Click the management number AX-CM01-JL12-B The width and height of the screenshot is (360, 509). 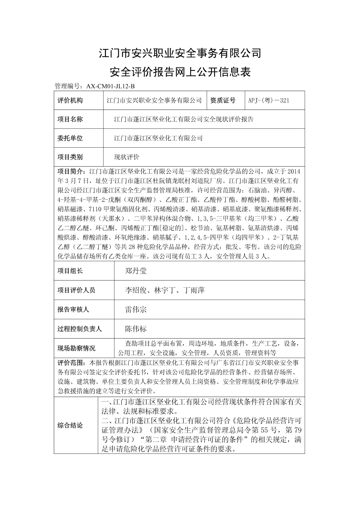pos(110,86)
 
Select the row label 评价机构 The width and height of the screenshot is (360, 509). pos(70,100)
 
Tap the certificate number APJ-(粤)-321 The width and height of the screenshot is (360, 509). pos(269,100)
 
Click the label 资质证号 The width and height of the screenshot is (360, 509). pos(223,100)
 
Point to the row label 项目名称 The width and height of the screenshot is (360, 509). pos(70,119)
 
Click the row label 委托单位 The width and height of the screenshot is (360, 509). pos(70,138)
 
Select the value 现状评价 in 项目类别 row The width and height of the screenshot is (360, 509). pos(127,157)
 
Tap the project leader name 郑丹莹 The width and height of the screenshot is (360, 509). pos(136,271)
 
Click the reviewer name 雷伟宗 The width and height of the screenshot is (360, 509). pos(136,309)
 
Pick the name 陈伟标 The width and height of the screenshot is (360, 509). pos(136,329)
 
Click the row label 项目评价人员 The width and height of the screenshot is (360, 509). pos(77,290)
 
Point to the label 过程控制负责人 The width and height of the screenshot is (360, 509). pos(79,329)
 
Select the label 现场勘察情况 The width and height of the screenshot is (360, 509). pos(77,348)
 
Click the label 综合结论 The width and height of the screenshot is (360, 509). pos(70,426)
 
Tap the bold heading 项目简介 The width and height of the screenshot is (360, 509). pos(70,171)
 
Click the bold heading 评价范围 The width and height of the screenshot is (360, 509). pos(70,363)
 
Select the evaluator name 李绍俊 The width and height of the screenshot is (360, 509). pos(136,290)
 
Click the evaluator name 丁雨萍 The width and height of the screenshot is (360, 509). pos(194,290)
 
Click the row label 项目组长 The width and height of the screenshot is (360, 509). pos(70,271)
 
